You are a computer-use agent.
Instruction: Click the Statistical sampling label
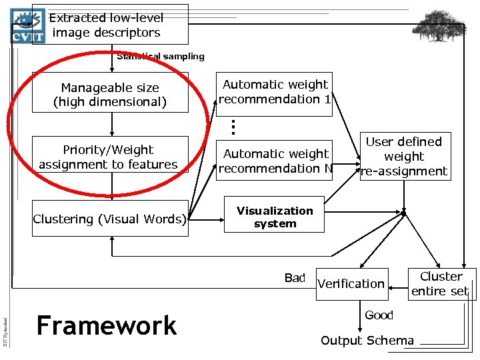(161, 57)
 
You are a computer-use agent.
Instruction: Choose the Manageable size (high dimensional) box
(110, 95)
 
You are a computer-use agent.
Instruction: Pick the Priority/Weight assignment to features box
(109, 157)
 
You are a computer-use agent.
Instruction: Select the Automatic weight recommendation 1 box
(275, 93)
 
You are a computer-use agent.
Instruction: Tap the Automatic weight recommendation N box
(275, 161)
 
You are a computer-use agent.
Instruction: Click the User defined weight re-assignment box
(404, 157)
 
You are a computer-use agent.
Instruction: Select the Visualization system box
(275, 216)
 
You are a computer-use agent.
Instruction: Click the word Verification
(351, 283)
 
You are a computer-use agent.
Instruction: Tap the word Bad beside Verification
(294, 278)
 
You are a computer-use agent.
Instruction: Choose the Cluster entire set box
(441, 283)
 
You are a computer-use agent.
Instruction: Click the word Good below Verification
(379, 315)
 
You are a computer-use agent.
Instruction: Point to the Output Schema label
(367, 341)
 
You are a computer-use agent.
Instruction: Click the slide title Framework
(107, 325)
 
